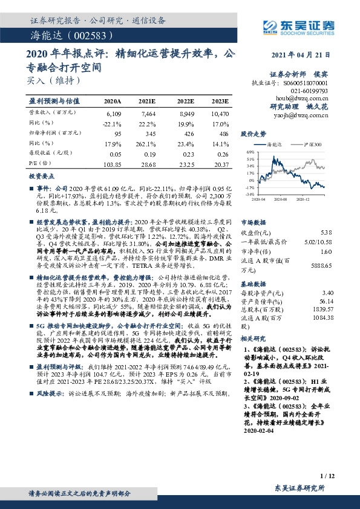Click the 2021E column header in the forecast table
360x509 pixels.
pos(147,102)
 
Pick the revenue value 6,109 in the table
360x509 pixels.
pos(114,113)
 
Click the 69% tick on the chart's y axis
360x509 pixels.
pos(250,152)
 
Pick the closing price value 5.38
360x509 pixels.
pos(326,232)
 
